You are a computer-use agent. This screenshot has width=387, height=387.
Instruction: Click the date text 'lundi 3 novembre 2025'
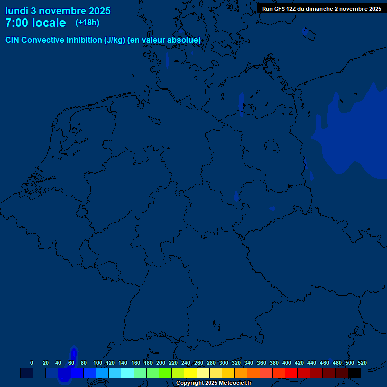coord(58,11)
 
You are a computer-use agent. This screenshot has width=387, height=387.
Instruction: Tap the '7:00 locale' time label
coord(35,23)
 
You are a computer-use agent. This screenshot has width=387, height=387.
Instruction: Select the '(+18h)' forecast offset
coord(87,23)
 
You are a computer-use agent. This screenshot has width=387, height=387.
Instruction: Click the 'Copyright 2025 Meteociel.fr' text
coord(214,383)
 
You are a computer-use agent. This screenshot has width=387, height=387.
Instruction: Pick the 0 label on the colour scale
coord(32,363)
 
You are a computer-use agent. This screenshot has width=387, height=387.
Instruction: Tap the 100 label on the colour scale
coord(98,363)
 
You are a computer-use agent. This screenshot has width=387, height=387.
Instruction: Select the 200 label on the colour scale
coord(161,363)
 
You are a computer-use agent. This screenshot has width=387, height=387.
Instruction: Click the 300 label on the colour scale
coord(224,363)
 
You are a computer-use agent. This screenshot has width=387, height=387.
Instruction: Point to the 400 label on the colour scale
coord(287,363)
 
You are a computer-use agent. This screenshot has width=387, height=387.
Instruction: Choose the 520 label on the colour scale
coord(362,363)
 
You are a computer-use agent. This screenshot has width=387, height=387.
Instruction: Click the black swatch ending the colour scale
coord(354,373)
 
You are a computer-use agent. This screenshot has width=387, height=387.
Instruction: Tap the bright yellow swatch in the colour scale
coord(190,373)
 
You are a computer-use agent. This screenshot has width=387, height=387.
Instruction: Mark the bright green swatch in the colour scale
coord(165,373)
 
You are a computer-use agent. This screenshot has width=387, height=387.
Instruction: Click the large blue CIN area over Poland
coord(353,136)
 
